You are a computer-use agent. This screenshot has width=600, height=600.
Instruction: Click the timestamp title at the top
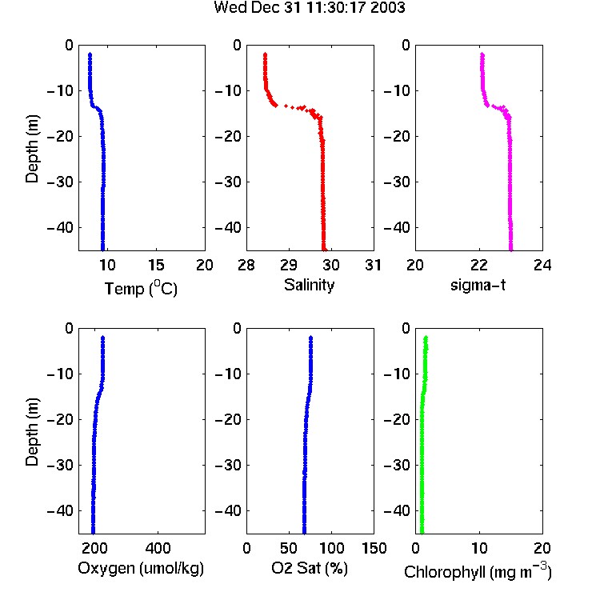(x=309, y=7)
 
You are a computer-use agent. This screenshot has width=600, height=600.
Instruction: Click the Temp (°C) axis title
(x=141, y=289)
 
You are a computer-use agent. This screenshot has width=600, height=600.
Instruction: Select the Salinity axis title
(x=309, y=285)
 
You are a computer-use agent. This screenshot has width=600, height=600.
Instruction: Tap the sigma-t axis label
(x=478, y=285)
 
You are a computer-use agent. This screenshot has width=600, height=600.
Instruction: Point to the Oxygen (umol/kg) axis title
(x=141, y=569)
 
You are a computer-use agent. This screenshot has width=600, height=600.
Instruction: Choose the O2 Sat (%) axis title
(x=309, y=569)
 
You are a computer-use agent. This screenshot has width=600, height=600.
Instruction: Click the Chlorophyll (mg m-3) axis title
(x=478, y=570)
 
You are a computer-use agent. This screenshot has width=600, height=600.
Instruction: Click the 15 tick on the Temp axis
(x=156, y=265)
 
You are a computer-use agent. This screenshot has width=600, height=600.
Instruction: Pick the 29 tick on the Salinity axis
(x=289, y=265)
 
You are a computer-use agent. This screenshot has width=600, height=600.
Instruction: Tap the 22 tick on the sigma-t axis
(x=479, y=265)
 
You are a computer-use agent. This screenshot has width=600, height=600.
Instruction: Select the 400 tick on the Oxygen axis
(x=158, y=548)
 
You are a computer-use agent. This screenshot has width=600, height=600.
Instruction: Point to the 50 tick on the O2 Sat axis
(x=289, y=548)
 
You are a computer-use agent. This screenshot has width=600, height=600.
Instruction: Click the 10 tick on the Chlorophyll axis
(x=479, y=548)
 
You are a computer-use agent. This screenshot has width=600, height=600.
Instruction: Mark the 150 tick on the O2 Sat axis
(x=374, y=548)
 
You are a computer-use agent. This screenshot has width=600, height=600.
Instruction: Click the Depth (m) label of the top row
(x=32, y=149)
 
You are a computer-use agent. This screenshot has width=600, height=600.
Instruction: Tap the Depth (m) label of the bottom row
(x=32, y=432)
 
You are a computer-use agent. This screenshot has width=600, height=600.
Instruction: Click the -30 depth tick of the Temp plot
(x=60, y=182)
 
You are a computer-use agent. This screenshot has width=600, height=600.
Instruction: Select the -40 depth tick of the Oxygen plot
(x=60, y=510)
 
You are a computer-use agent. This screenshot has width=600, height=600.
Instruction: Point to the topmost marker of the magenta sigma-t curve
(x=482, y=54)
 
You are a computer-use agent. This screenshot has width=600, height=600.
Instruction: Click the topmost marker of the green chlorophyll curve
(x=426, y=338)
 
